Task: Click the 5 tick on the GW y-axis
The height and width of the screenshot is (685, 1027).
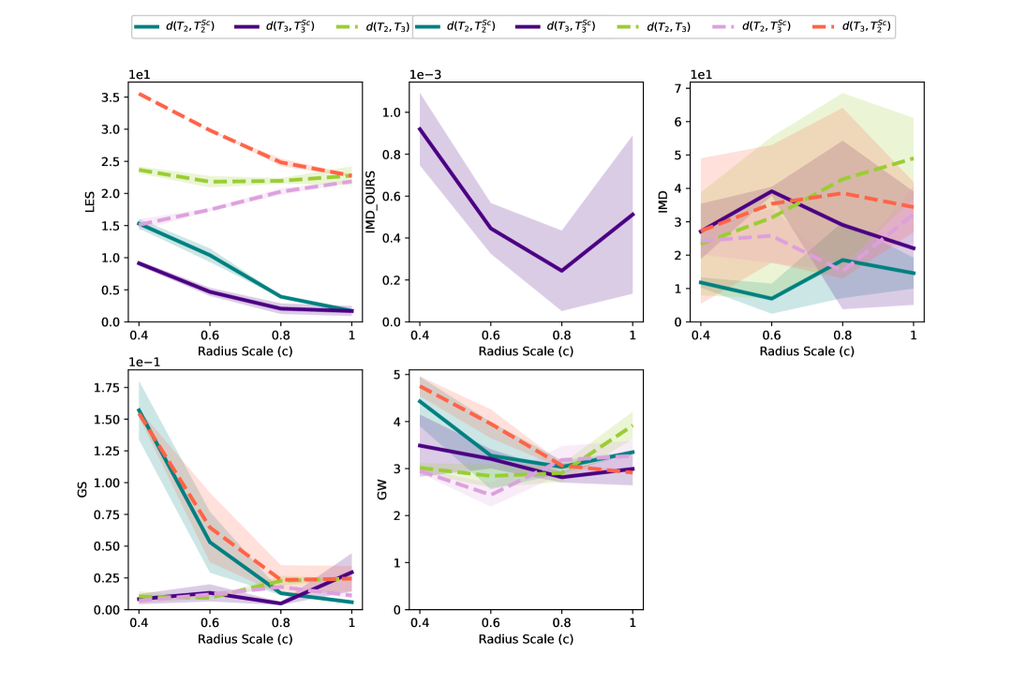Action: pyautogui.click(x=397, y=375)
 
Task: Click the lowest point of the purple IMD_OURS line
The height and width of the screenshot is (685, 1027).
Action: pyautogui.click(x=561, y=271)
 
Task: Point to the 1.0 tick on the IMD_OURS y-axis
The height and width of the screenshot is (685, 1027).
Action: pyautogui.click(x=392, y=112)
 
